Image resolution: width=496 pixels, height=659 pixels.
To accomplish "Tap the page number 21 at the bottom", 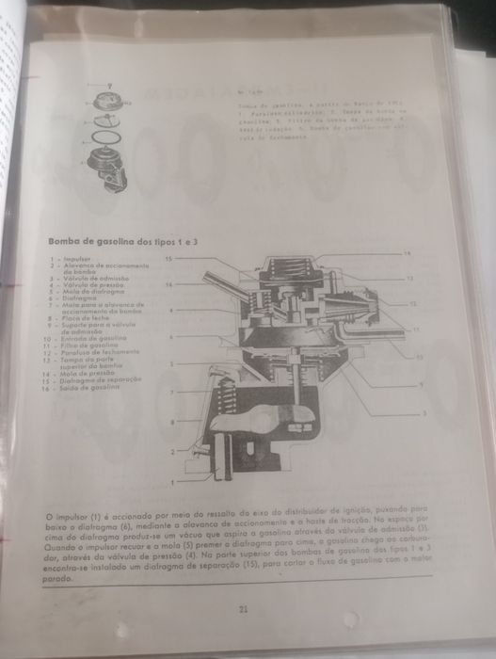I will tap(243, 610).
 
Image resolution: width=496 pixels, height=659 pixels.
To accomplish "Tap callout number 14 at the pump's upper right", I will tap(408, 254).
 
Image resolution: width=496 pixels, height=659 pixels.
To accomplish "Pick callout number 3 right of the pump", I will tap(424, 413).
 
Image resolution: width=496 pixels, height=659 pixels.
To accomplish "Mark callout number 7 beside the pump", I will tap(171, 391).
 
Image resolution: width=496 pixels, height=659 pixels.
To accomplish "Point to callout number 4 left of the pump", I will tap(171, 309).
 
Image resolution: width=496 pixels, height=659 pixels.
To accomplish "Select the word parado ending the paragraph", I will tap(60, 580).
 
